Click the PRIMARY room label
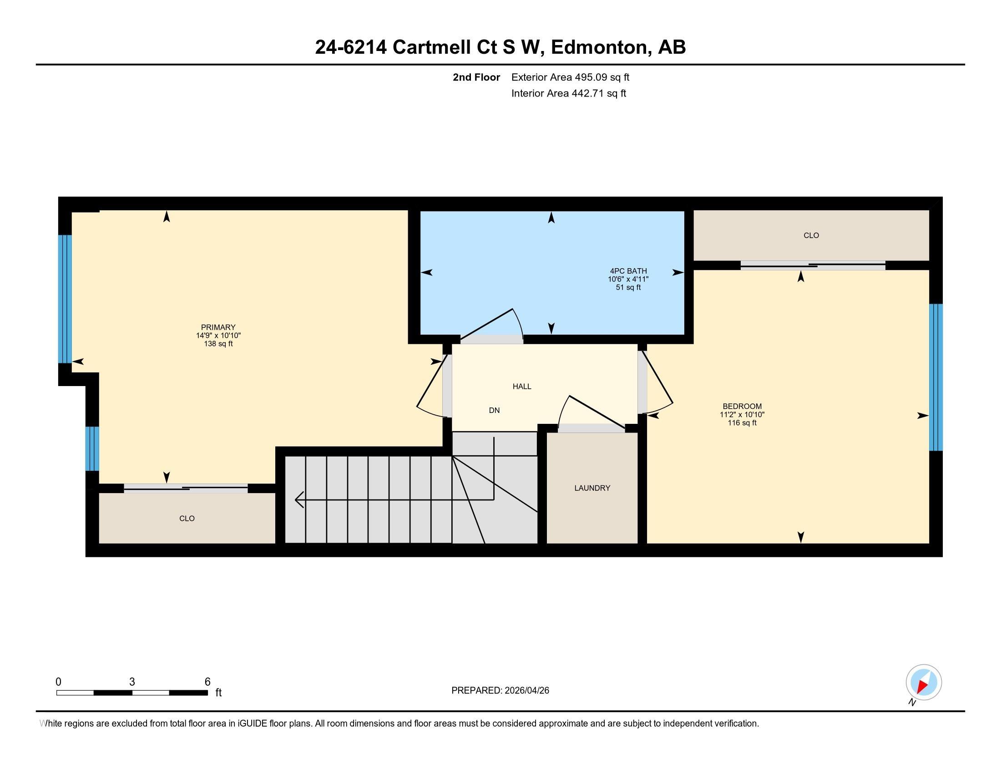(218, 327)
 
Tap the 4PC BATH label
(628, 271)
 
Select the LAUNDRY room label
(592, 488)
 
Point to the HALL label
(522, 387)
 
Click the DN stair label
(494, 410)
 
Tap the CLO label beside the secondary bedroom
(811, 235)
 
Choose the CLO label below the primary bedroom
(187, 519)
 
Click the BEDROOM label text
(742, 406)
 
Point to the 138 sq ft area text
(218, 344)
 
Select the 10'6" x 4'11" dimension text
(628, 279)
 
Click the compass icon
(924, 682)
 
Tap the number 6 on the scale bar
(207, 682)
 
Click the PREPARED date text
(500, 690)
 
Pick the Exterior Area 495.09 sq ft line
(570, 77)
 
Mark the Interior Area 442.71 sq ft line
(569, 93)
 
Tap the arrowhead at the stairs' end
(299, 500)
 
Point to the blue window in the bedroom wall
(936, 377)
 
